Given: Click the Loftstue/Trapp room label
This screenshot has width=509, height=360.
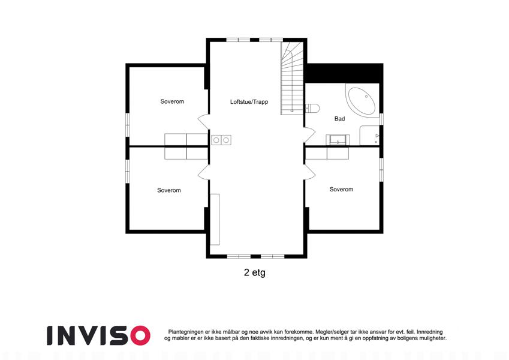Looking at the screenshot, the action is [x=249, y=101].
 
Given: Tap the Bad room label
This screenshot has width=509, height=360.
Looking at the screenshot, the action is [x=339, y=119].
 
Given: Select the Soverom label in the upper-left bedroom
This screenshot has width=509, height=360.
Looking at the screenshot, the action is [x=172, y=101].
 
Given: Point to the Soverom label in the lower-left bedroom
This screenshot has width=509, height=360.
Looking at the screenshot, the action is [x=169, y=190].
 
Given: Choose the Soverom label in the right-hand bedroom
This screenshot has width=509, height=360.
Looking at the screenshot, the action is [x=341, y=189].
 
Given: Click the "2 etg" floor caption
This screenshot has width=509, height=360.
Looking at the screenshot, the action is [x=254, y=272].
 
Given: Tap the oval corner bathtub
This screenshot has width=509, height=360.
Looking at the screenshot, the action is [x=362, y=100].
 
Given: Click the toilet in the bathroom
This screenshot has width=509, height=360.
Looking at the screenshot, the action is [x=312, y=107].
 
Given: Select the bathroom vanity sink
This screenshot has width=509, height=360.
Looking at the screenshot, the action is [x=338, y=140].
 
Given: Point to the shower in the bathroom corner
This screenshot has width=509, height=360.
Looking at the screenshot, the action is [x=369, y=136].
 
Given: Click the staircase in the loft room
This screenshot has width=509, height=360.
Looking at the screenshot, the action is [x=292, y=79].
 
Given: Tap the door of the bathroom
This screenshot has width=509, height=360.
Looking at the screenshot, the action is [x=310, y=135].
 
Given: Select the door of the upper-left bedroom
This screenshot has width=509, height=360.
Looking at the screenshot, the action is [x=203, y=122].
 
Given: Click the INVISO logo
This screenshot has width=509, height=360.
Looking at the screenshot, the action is [x=99, y=335].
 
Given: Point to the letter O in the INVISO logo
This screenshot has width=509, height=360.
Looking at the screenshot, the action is [x=140, y=335].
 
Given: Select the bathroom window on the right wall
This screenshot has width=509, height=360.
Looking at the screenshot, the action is [x=381, y=119].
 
